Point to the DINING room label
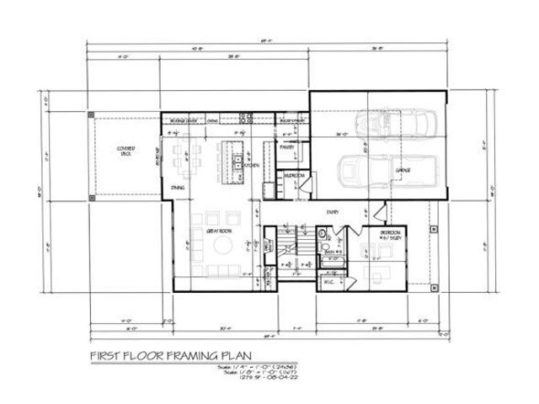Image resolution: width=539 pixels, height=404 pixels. click(178, 187)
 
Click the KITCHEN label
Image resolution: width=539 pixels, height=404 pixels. click(252, 165)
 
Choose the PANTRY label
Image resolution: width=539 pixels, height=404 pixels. click(286, 148)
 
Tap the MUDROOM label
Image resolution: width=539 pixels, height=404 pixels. click(294, 176)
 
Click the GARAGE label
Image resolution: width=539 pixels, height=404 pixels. click(403, 170)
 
